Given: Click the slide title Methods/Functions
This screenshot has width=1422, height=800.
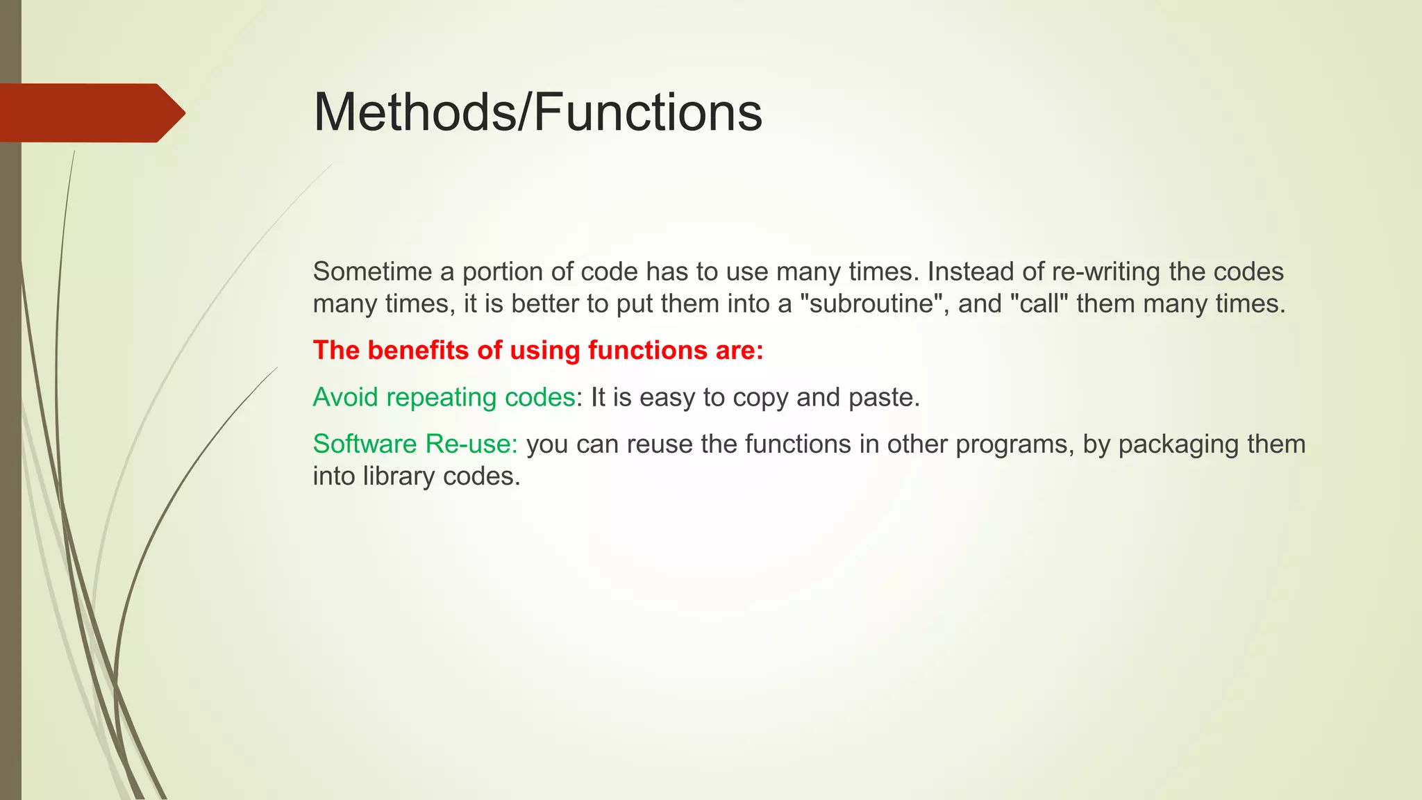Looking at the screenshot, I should coord(537,112).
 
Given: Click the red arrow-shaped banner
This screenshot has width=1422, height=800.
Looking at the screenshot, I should coord(90,113).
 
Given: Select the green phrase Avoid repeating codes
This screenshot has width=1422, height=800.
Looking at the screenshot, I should coord(444,397).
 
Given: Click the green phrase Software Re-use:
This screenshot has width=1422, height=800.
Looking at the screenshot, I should coord(415,444).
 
